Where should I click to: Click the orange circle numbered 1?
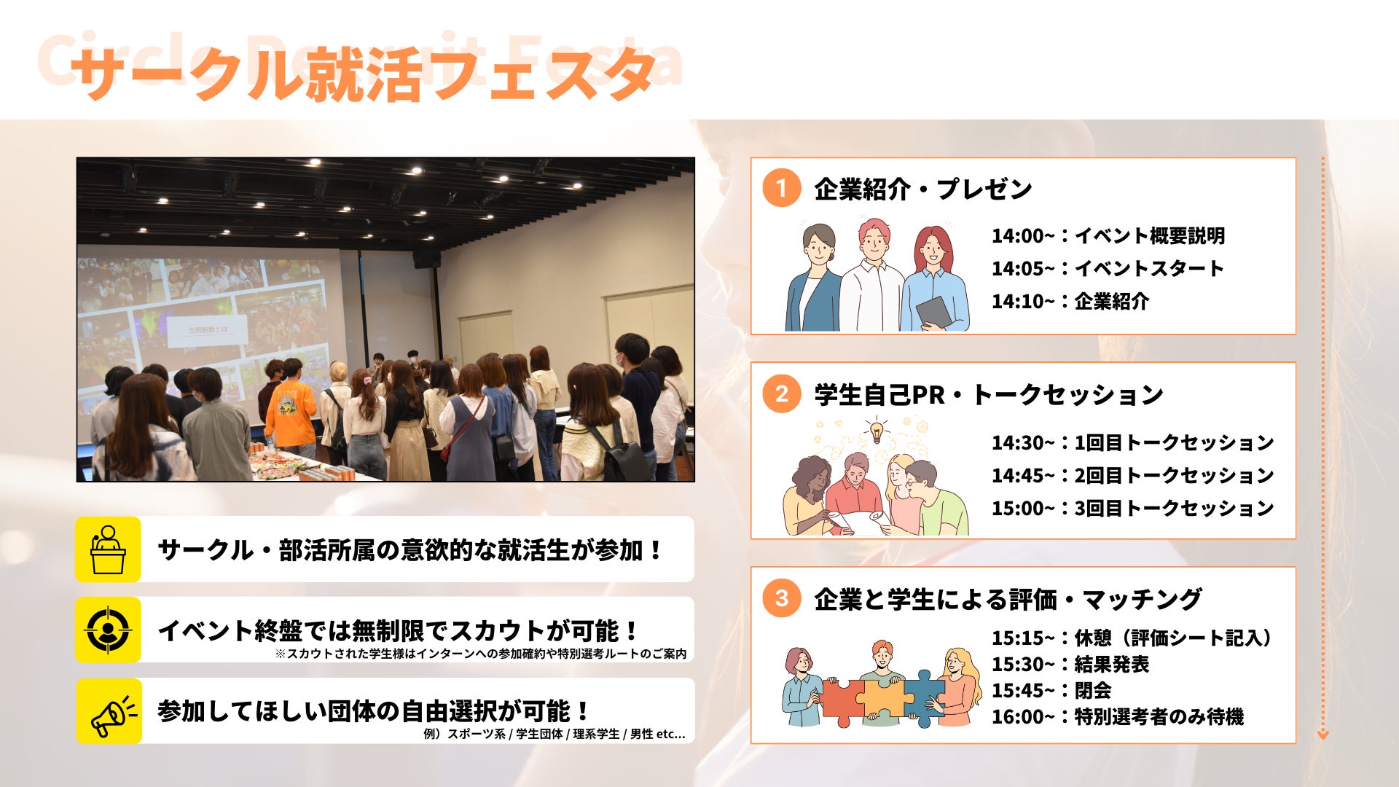coord(781,188)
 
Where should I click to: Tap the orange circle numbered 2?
coord(781,394)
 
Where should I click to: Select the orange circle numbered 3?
coord(781,598)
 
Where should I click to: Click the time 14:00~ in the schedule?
coord(1022,236)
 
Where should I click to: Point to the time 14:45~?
coord(1022,476)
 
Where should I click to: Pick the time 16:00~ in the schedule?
coord(1022,717)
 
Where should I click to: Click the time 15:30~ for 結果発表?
coord(1022,665)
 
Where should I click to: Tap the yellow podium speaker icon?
coord(108,549)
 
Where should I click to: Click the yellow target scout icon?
coord(108,630)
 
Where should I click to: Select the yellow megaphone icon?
coord(108,711)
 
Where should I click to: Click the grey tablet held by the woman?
coord(934,312)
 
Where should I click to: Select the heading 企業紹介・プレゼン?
coord(923,189)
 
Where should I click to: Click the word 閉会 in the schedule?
coord(1093,691)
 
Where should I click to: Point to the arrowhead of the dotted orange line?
coord(1323,735)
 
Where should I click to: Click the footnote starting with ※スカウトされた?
coord(481,654)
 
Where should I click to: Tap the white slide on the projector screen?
coord(208,330)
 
